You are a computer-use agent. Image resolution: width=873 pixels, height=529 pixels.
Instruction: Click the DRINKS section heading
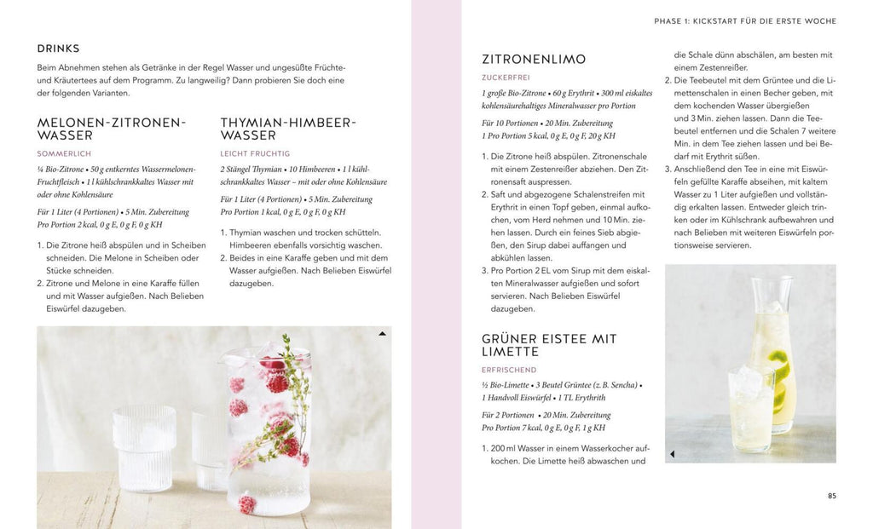[58, 49]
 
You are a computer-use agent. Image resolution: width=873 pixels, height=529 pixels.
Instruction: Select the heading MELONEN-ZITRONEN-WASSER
[111, 129]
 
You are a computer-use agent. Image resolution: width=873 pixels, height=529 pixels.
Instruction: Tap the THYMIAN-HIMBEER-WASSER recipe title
[287, 129]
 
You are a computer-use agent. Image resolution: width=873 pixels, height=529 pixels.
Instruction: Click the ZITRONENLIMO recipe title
[534, 60]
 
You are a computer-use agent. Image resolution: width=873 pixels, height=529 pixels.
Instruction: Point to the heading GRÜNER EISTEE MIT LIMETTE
[549, 345]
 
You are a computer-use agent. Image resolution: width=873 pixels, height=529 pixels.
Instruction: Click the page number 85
[832, 496]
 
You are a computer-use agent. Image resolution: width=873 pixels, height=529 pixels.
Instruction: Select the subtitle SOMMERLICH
[65, 153]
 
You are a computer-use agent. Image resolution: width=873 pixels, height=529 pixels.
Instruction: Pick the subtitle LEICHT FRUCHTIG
[255, 153]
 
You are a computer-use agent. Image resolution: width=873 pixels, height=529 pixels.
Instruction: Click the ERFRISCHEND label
[510, 370]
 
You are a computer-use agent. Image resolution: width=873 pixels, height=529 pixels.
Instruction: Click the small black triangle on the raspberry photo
[382, 334]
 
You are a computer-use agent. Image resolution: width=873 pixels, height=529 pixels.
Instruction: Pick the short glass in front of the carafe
[751, 409]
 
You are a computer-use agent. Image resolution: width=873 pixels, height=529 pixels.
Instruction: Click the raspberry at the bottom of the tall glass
[247, 504]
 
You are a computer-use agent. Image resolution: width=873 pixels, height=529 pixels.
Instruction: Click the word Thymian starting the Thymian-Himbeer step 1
[247, 233]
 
